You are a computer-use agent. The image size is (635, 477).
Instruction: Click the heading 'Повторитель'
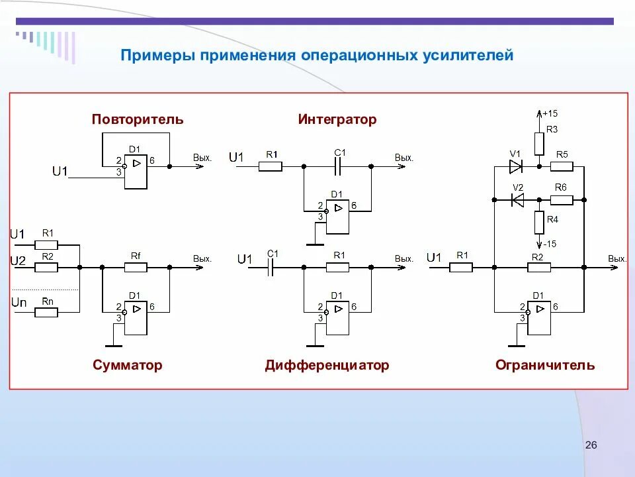point(138,120)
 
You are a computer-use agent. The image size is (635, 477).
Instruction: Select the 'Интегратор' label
point(337,120)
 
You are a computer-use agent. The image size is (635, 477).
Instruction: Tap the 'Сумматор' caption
point(128,365)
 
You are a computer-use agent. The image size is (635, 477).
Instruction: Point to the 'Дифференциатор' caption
point(327,365)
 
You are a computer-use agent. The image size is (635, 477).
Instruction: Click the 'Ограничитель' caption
point(544,365)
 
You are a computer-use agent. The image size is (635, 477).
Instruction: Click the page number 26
point(591,445)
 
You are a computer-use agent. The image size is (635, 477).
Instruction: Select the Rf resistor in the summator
point(136,267)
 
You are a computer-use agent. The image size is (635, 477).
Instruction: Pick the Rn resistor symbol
point(47,312)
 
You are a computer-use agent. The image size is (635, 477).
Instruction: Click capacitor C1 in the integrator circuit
point(338,166)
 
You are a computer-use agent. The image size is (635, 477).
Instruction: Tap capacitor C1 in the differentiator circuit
point(272,267)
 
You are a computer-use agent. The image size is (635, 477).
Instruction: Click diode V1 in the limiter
point(516,166)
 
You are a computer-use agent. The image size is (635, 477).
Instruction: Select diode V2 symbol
point(518,199)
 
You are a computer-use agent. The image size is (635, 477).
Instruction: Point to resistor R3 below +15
point(539,142)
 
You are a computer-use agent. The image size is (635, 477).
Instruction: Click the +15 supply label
point(550,113)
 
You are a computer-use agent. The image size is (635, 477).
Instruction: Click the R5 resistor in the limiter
point(562,166)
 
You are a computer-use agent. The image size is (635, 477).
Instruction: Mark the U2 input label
point(17,261)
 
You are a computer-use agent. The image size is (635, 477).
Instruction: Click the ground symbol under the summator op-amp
point(114,344)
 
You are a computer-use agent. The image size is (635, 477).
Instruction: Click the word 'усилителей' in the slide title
point(468,56)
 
